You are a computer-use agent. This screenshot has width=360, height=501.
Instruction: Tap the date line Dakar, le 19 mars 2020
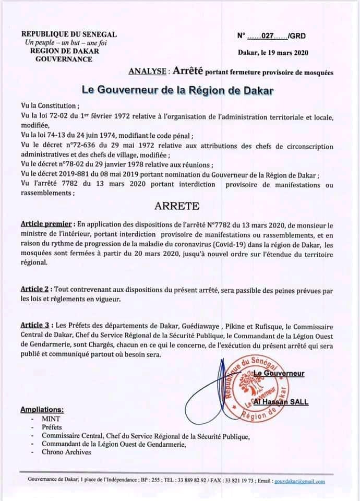(273, 53)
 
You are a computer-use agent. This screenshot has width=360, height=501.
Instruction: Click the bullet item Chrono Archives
(66, 452)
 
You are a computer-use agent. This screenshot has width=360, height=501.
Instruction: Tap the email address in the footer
(299, 482)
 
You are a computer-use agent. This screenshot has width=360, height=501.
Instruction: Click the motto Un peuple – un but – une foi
(65, 42)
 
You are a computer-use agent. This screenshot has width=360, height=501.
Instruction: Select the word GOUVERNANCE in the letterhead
(64, 59)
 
